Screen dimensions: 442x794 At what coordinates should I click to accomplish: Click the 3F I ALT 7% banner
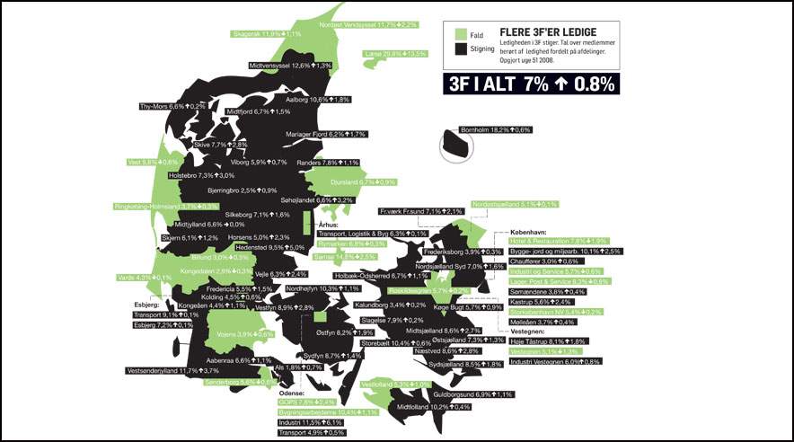click(x=531, y=84)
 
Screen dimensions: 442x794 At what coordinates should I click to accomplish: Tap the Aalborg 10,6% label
click(x=317, y=100)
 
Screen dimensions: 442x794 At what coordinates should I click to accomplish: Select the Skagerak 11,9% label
click(x=267, y=34)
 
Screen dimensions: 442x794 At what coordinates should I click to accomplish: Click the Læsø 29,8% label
click(x=395, y=54)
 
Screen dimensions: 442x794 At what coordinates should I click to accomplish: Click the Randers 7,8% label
click(x=328, y=163)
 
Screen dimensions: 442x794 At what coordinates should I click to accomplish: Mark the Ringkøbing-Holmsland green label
click(x=166, y=207)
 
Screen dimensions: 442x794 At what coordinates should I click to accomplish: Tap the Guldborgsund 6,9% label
click(x=473, y=394)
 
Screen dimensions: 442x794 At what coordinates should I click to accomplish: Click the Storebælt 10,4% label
click(x=396, y=343)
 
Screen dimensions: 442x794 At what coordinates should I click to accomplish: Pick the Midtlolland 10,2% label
click(x=433, y=406)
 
